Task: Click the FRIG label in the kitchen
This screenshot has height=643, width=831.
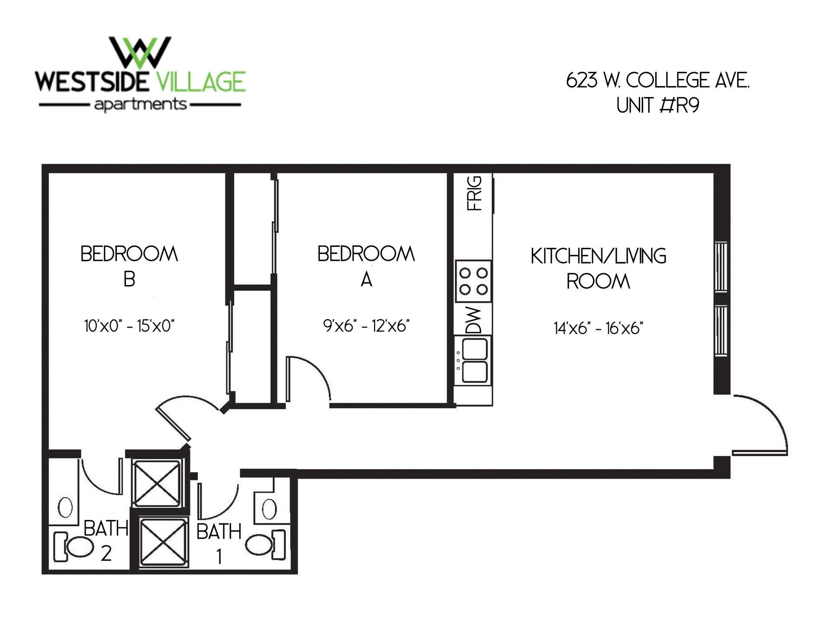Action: [x=475, y=193]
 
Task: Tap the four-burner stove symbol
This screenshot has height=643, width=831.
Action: [x=473, y=281]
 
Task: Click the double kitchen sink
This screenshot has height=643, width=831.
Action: [x=475, y=360]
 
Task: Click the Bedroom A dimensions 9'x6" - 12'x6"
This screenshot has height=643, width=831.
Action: [x=366, y=325]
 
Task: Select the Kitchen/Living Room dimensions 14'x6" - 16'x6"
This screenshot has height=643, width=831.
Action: [x=598, y=328]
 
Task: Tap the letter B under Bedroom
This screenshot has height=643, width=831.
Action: [x=129, y=279]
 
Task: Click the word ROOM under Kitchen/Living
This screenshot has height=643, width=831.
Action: [x=598, y=282]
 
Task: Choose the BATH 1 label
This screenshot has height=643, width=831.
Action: [x=219, y=542]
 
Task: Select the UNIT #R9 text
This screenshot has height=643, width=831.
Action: [x=658, y=106]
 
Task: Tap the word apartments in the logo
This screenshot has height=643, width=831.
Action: [x=140, y=105]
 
